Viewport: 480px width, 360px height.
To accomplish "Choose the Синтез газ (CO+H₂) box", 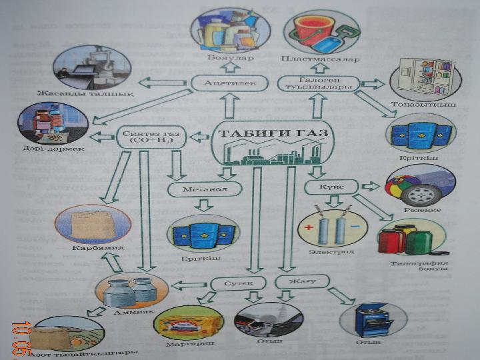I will coord(151,137).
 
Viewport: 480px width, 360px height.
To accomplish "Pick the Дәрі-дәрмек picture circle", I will coord(46,123).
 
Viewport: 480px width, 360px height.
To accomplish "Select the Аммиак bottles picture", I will coord(132,291).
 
